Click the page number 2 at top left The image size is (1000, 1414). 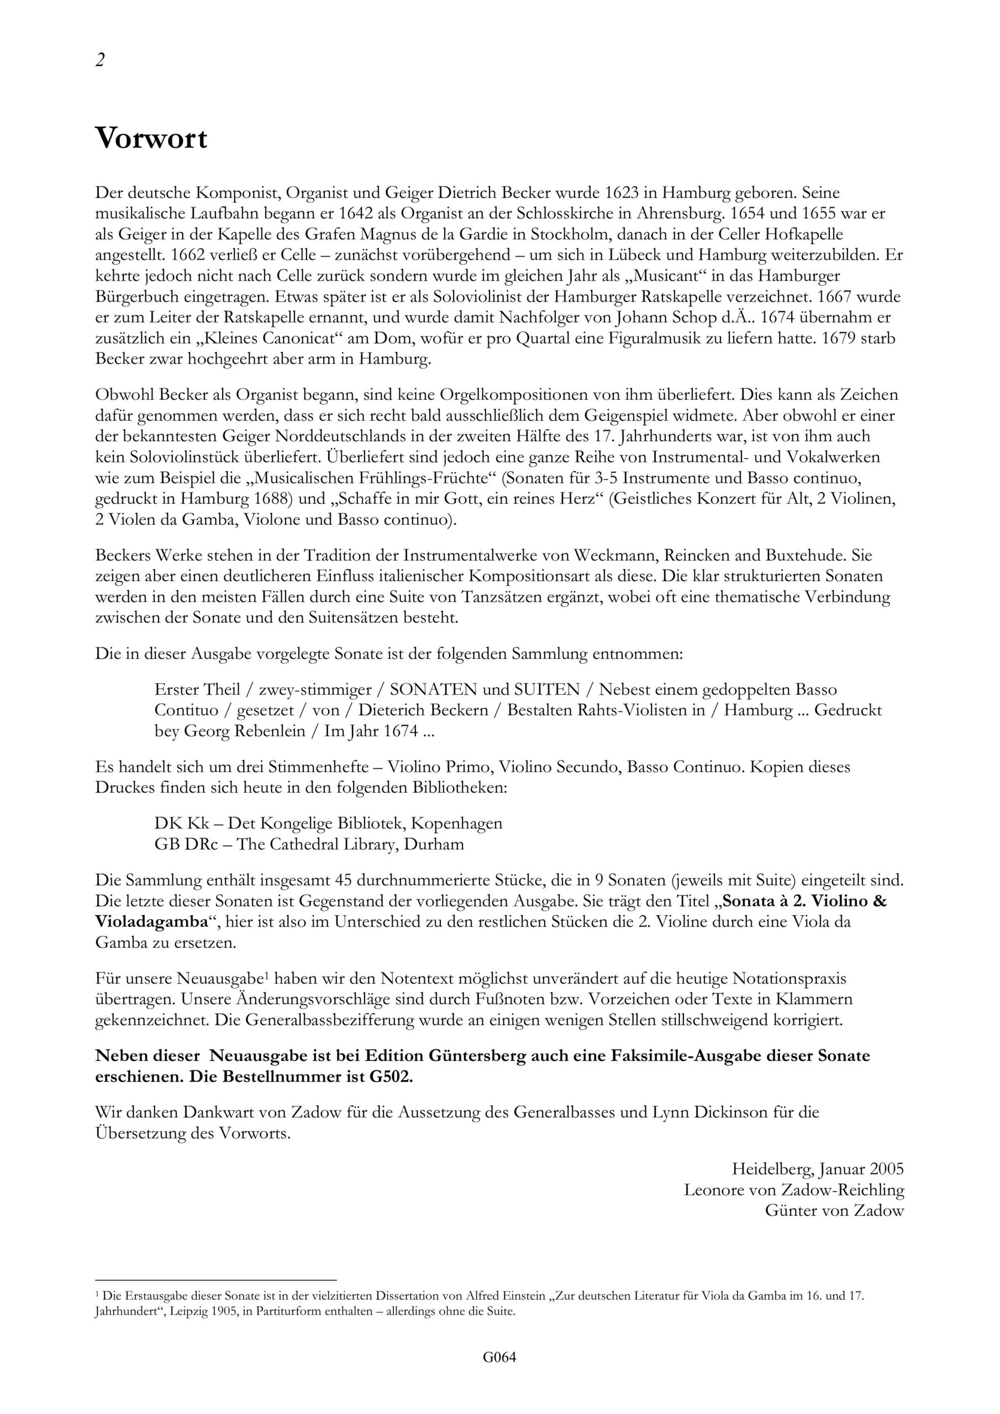pyautogui.click(x=100, y=60)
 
